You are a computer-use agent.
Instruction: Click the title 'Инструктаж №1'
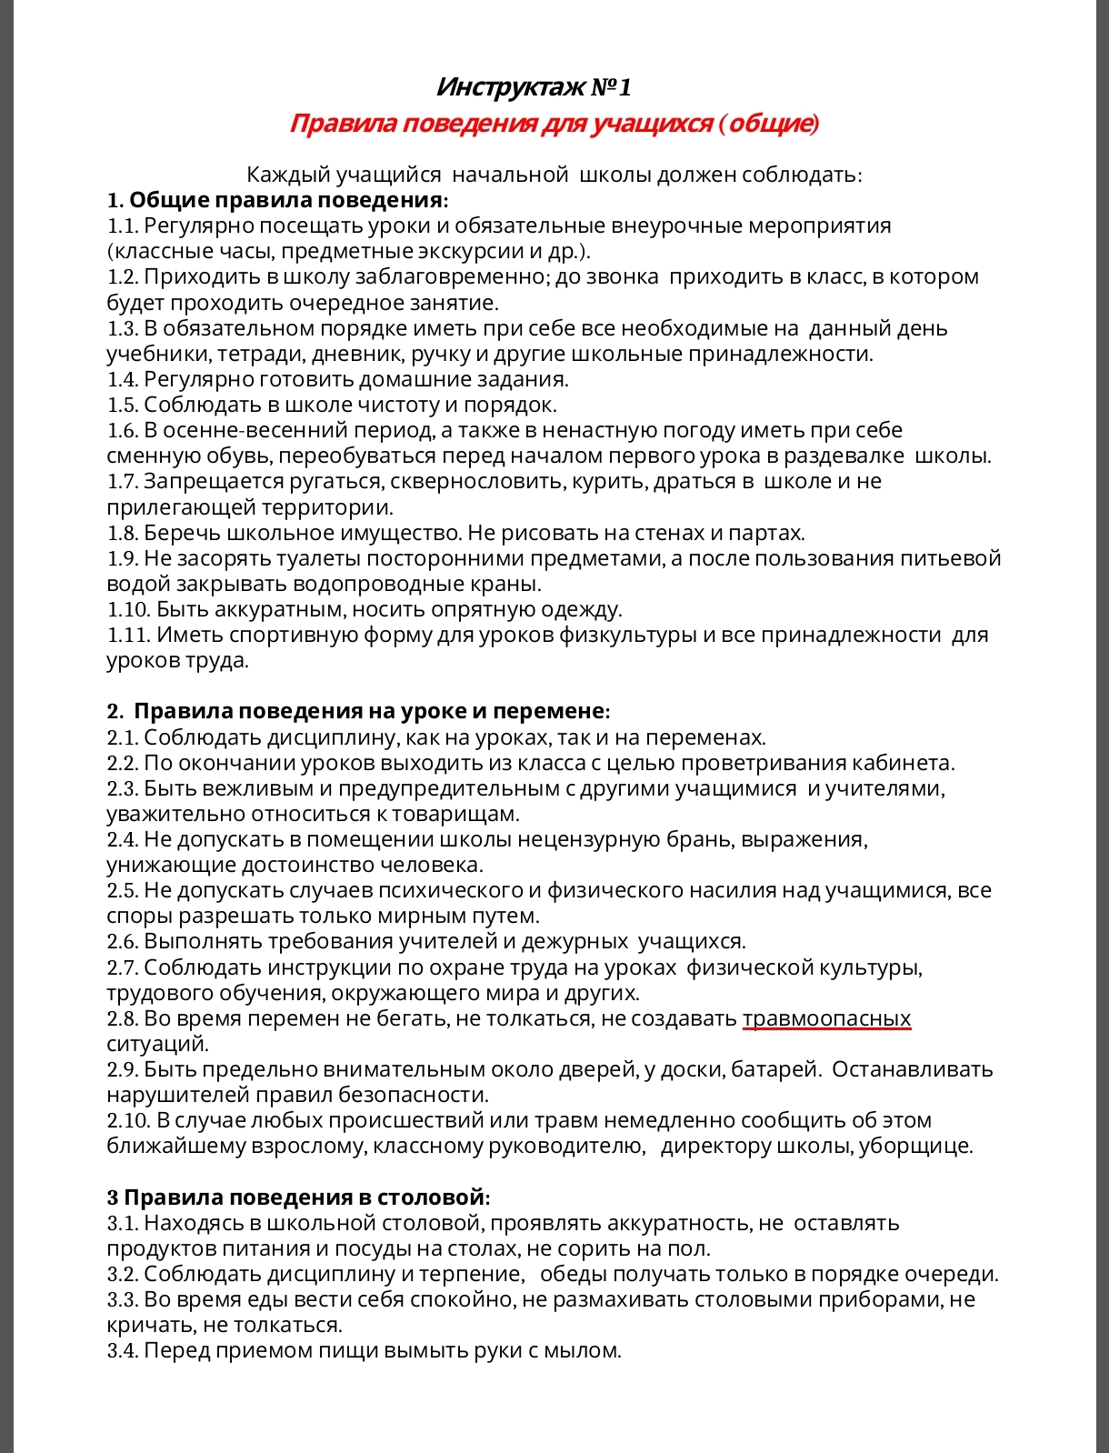tap(534, 87)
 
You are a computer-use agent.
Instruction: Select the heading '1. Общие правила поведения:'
tap(277, 200)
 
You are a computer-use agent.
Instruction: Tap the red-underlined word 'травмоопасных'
tap(826, 1018)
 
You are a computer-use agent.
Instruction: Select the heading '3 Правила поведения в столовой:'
tap(298, 1197)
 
